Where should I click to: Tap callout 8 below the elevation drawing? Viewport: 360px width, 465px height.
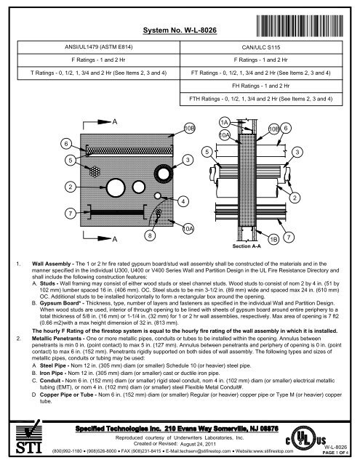pos(149,235)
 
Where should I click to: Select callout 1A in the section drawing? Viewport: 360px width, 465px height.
pos(225,122)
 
